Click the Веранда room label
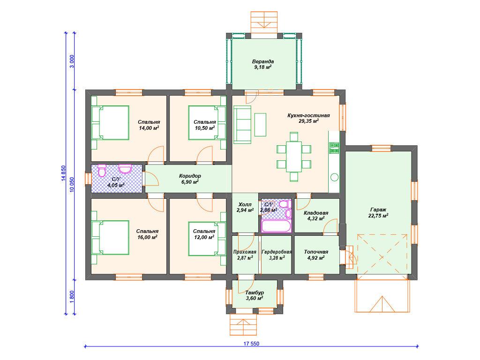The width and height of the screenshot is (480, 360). click(263, 61)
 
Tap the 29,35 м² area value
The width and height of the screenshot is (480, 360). click(308, 121)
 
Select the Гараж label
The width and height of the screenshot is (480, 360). click(378, 210)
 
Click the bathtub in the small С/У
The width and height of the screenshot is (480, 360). click(277, 226)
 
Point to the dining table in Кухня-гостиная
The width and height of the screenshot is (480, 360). click(294, 156)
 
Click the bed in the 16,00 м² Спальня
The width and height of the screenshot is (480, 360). click(110, 238)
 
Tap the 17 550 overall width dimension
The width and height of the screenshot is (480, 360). click(251, 344)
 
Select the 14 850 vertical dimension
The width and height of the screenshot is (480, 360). click(63, 174)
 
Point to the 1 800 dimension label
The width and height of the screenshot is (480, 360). click(72, 297)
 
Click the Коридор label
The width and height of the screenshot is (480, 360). click(190, 176)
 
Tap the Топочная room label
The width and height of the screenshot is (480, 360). click(316, 252)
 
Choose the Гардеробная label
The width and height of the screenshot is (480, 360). click(277, 252)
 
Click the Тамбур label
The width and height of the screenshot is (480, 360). click(255, 292)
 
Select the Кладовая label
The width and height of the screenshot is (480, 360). click(316, 213)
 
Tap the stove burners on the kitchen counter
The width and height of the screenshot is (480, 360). click(334, 148)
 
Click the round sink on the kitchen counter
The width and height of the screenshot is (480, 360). click(334, 177)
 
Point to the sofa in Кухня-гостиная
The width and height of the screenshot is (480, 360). click(242, 125)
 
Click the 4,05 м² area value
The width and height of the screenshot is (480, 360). click(116, 185)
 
